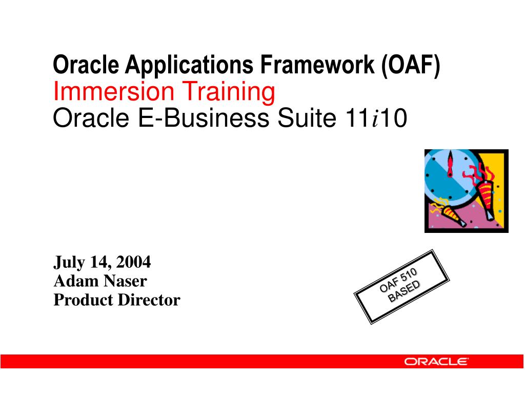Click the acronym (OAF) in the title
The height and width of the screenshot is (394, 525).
(x=410, y=65)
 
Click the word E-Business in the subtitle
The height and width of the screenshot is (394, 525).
(x=202, y=119)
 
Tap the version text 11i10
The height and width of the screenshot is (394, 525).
(x=373, y=119)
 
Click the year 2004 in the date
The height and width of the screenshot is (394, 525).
(x=133, y=262)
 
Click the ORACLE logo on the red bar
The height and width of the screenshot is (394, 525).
(x=436, y=361)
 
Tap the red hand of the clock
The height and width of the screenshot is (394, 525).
(x=450, y=165)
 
